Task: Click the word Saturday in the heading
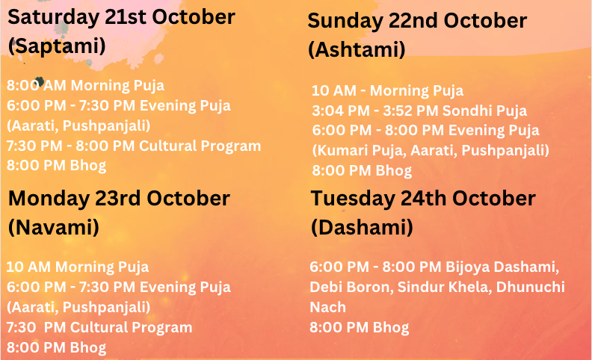53,18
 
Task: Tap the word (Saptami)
57,46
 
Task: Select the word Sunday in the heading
345,21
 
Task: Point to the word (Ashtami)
357,49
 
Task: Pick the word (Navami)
54,227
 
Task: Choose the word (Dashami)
362,227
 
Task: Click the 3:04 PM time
341,111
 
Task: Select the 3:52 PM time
411,111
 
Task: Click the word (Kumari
340,151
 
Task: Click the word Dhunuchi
530,287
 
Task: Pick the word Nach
327,308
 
